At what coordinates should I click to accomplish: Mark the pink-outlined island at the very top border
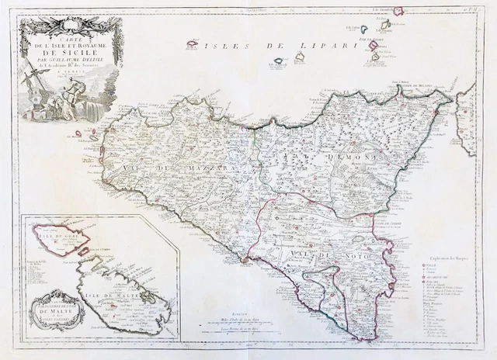[x=398, y=12]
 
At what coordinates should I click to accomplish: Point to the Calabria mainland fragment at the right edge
[x=470, y=116]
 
